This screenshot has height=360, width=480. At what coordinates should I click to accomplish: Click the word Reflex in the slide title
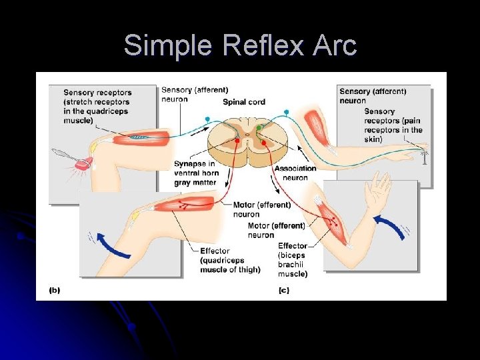coord(261,45)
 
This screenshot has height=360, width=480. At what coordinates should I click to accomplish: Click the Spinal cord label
coord(243,102)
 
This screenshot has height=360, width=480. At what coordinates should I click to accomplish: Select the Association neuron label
coord(291,173)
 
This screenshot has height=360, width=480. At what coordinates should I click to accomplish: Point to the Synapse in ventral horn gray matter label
coord(195,173)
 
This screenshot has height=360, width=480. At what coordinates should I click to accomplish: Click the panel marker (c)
coord(284,291)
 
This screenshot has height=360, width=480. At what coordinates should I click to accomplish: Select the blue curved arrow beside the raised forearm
coord(390,227)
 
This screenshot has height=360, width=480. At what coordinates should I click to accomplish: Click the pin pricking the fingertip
coord(425,157)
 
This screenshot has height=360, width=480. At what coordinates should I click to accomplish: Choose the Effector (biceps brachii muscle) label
coord(293,260)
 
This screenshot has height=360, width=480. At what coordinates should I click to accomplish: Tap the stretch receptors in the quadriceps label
coord(97,107)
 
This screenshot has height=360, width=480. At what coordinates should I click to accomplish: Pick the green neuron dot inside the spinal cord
coord(259,127)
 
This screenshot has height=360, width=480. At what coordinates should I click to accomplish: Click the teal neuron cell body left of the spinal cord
coord(207,119)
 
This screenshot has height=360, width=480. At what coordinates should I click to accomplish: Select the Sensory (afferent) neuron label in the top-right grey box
coord(372,96)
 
